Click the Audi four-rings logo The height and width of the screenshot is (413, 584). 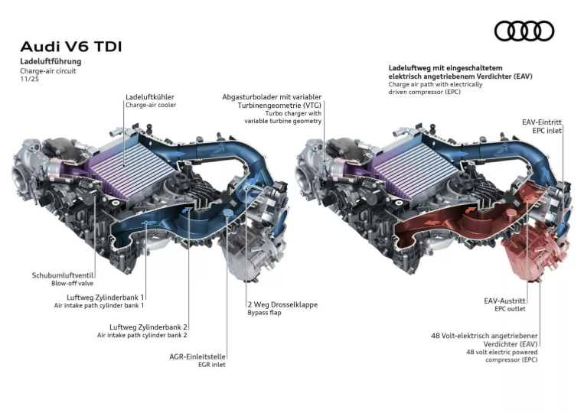[524, 31]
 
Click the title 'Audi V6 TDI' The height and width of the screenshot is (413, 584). [70, 47]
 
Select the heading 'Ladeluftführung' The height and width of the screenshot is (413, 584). [51, 61]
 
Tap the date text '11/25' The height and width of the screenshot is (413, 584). [29, 79]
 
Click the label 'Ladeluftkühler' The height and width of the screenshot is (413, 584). [150, 96]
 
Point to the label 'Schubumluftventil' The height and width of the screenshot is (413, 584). [63, 275]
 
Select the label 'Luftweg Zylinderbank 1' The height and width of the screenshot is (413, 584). [105, 298]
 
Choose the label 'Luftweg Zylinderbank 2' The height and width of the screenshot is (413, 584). [148, 327]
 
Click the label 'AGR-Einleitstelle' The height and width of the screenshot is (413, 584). [197, 356]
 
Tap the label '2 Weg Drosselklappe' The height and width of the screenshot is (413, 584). [282, 304]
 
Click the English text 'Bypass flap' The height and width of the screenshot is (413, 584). [264, 313]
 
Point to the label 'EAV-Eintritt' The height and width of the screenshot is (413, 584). [542, 122]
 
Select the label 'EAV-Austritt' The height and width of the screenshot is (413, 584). [504, 301]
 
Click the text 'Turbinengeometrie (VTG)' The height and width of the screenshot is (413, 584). [279, 105]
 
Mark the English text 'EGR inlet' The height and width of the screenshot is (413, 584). [211, 365]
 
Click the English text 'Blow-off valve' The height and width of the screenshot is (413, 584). [72, 283]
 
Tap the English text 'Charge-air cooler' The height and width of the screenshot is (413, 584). [151, 105]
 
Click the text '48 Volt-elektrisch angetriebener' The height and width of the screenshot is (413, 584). [484, 336]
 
